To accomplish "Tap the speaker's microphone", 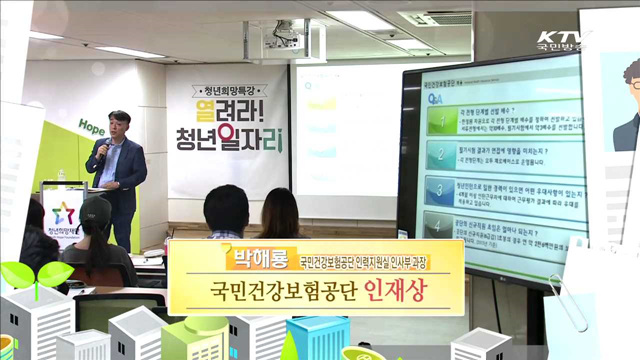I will click(x=102, y=149).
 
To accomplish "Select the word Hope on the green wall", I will click(x=90, y=130).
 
